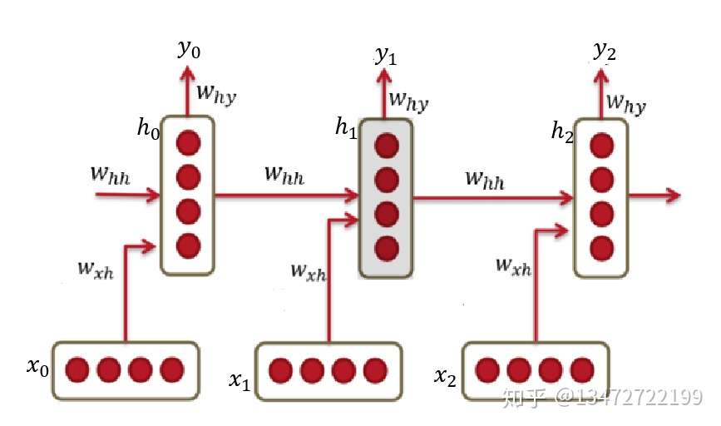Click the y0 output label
pyautogui.click(x=189, y=49)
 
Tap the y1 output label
pyautogui.click(x=385, y=56)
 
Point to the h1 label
pyautogui.click(x=346, y=126)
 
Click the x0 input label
pyautogui.click(x=37, y=366)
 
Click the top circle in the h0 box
pyautogui.click(x=189, y=142)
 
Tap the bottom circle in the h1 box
pyautogui.click(x=387, y=248)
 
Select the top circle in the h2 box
pyautogui.click(x=602, y=146)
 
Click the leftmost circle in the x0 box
pyautogui.click(x=77, y=369)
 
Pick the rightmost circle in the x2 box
pyautogui.click(x=581, y=369)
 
